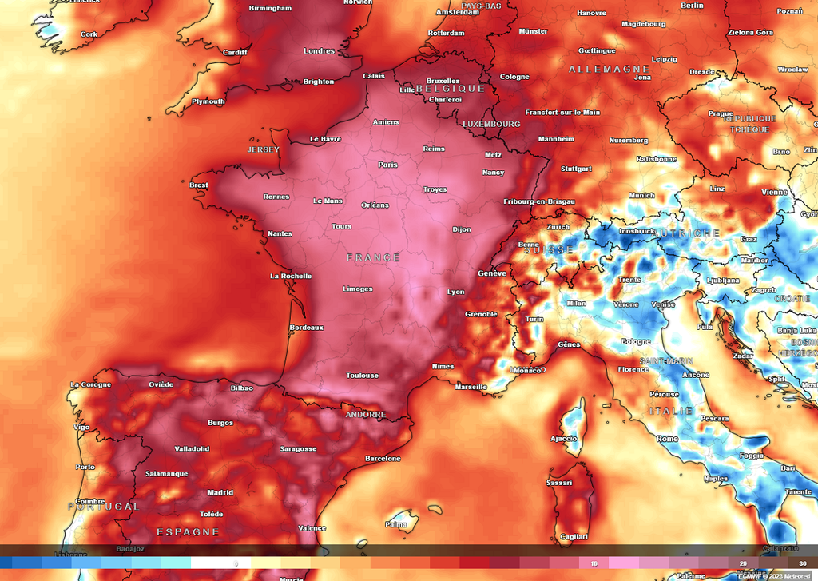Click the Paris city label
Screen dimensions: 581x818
(387, 165)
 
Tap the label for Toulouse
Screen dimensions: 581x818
(362, 375)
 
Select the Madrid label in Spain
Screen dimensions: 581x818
(220, 493)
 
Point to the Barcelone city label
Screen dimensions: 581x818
(383, 459)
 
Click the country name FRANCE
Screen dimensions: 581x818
(373, 257)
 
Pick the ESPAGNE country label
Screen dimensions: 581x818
(188, 531)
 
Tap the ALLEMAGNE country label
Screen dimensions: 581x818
(610, 70)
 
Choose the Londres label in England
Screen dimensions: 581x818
(320, 51)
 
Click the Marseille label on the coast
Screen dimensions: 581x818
(471, 388)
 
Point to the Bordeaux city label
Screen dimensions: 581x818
(306, 328)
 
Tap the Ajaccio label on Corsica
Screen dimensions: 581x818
(564, 439)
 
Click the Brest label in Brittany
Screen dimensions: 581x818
(199, 185)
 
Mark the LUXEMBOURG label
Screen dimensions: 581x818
(492, 124)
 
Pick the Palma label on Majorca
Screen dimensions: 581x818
(396, 525)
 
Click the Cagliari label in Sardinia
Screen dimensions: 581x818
(574, 537)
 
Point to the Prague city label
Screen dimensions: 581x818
(721, 113)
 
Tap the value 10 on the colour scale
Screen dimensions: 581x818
(594, 563)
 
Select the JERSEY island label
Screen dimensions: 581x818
(264, 149)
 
